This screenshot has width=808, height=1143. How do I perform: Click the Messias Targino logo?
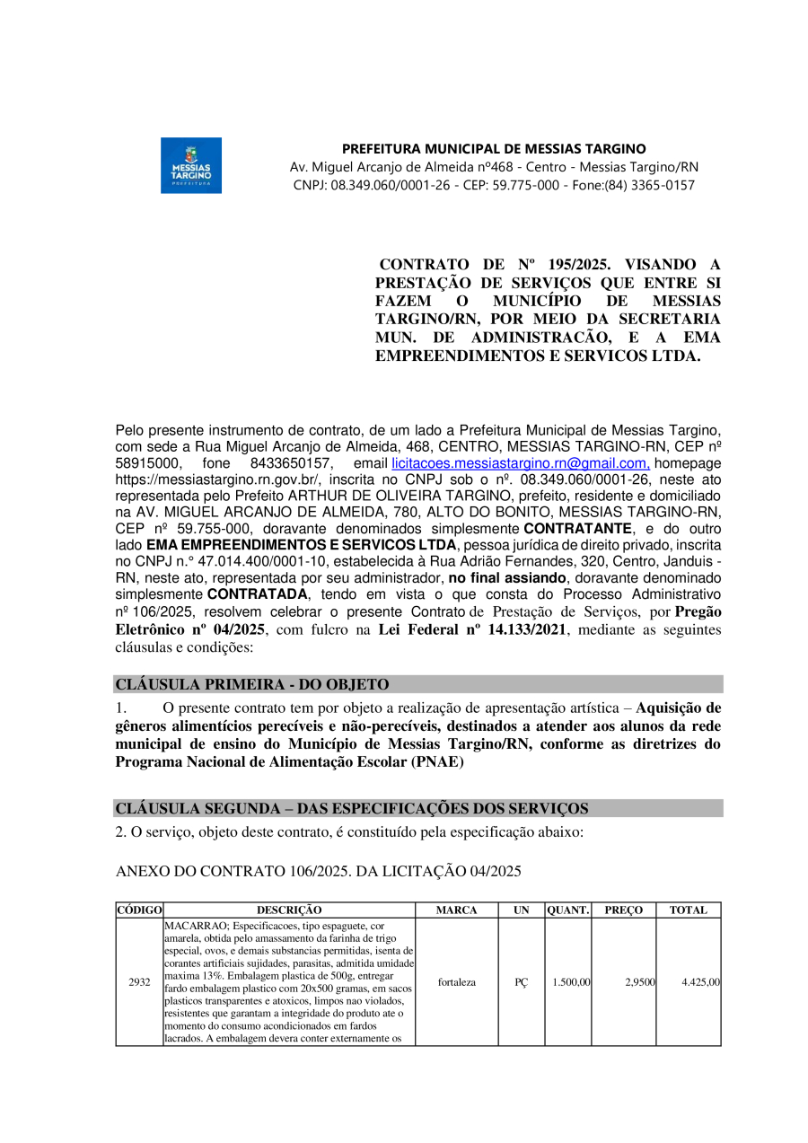[x=190, y=165]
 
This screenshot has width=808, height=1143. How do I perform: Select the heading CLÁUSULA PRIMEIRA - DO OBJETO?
[x=252, y=684]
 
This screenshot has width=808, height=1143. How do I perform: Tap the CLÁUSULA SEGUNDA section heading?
[x=351, y=808]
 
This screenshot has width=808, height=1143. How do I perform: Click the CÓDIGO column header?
[x=139, y=910]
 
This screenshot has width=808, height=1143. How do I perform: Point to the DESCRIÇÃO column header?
[x=289, y=910]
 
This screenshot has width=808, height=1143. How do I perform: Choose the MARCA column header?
[x=456, y=910]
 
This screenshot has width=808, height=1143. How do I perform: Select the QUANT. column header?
[x=568, y=910]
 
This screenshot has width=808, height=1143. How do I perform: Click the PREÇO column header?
[x=623, y=910]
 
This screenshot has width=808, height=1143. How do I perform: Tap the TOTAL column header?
[x=689, y=910]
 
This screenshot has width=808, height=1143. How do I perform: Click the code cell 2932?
[x=139, y=982]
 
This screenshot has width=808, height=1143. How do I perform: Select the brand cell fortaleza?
[x=457, y=982]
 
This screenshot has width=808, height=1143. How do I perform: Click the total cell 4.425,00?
[x=700, y=982]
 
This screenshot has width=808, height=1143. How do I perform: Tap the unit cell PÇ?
[x=522, y=982]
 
